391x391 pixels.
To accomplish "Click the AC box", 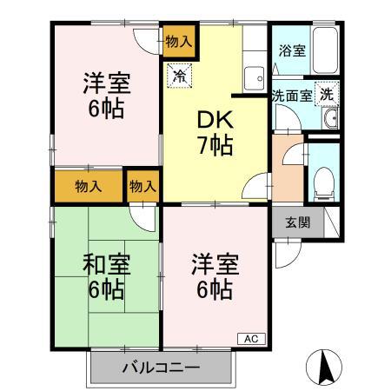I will point(249,339).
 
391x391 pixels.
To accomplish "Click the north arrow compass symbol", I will point(323,366).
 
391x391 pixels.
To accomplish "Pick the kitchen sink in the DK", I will point(255,78).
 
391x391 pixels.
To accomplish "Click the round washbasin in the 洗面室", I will point(328,121).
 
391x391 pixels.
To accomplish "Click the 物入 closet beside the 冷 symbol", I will point(180,41).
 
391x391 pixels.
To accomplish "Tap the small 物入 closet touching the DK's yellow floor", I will point(143,186).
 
